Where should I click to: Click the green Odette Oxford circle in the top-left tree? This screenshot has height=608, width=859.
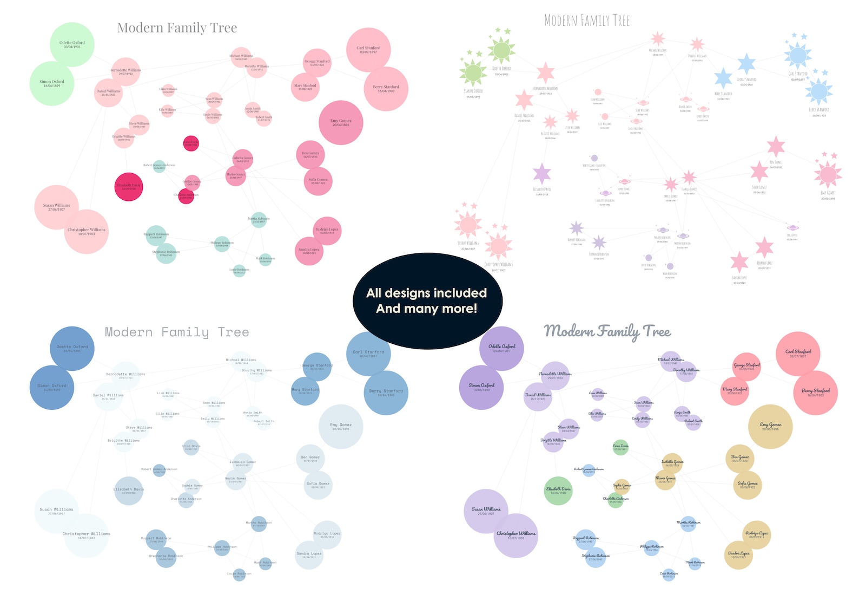[72, 44]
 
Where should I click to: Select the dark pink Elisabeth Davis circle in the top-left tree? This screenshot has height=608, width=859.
[129, 187]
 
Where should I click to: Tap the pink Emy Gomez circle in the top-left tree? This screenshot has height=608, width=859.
[341, 123]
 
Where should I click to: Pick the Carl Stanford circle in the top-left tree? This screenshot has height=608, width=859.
[368, 50]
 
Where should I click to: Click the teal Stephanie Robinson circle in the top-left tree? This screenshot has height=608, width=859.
[166, 253]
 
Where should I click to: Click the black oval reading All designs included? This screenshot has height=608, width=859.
[427, 301]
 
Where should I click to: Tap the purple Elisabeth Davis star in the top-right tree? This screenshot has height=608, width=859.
[541, 174]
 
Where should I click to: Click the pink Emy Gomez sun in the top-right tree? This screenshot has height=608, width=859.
[828, 174]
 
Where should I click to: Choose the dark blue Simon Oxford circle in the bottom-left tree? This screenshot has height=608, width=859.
[52, 388]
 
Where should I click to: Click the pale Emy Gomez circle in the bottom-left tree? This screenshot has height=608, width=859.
[341, 427]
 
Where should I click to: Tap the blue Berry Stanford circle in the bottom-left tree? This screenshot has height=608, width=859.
[386, 393]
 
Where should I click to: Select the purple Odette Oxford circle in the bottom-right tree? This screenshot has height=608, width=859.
[501, 348]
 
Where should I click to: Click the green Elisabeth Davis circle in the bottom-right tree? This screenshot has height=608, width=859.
[558, 491]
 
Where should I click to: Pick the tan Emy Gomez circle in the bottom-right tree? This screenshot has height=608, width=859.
[770, 427]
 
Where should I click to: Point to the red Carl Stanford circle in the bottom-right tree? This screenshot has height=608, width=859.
[798, 354]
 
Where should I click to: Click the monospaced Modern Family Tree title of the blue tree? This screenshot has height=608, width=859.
[177, 332]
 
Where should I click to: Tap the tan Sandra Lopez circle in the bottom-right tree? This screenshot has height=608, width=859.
[738, 555]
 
